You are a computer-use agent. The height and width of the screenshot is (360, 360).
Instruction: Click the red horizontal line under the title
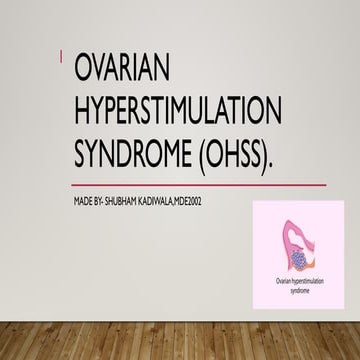(200, 185)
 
